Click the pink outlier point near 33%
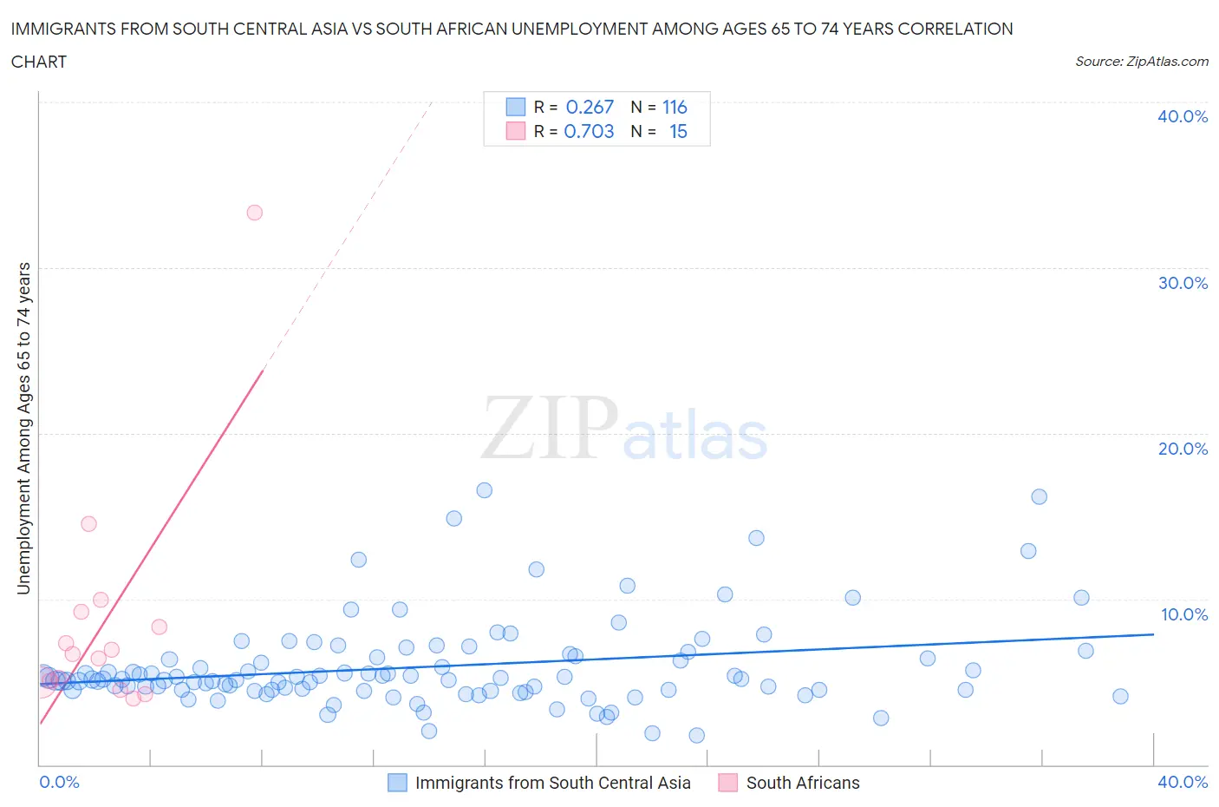(254, 213)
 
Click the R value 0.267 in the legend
(590, 107)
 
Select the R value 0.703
(589, 131)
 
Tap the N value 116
(675, 107)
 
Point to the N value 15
(678, 131)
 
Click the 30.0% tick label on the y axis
(1183, 283)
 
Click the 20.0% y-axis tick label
(1183, 449)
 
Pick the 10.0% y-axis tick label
(1183, 614)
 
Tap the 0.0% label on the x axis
(59, 782)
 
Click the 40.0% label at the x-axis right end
(1183, 782)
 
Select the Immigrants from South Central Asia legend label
(552, 783)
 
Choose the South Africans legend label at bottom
(803, 783)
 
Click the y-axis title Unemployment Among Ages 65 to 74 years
(24, 429)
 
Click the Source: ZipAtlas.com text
(1141, 62)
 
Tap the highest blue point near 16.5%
(484, 490)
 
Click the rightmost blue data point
(1120, 696)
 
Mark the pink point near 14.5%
(88, 524)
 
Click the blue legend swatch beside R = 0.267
(516, 107)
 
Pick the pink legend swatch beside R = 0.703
(516, 131)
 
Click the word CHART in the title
(39, 62)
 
